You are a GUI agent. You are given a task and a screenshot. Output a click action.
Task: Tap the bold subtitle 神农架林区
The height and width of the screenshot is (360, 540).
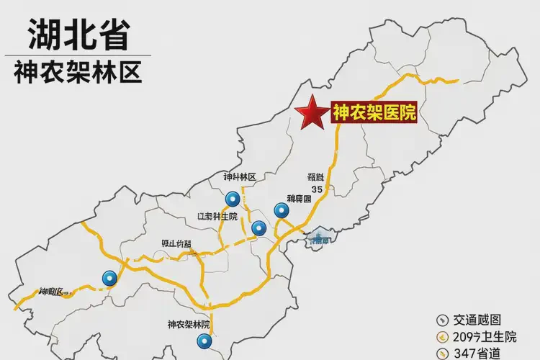(x=77, y=72)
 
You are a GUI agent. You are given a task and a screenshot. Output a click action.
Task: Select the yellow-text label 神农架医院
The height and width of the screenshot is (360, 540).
(x=374, y=112)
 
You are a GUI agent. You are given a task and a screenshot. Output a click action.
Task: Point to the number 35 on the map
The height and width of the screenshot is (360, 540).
(x=317, y=189)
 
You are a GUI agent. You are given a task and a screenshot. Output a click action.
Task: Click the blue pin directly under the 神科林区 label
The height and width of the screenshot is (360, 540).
(x=232, y=199)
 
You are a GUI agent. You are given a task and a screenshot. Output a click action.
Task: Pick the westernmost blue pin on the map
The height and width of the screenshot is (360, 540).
(x=109, y=278)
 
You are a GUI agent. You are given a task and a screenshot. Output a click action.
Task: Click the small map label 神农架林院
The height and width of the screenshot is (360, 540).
(x=188, y=324)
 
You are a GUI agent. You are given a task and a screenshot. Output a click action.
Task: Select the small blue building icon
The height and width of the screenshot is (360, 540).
(x=319, y=237)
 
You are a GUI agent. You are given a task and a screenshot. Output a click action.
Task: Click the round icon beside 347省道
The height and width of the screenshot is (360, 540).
(x=441, y=353)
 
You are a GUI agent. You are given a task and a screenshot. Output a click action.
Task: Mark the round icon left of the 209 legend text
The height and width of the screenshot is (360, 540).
(x=441, y=336)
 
